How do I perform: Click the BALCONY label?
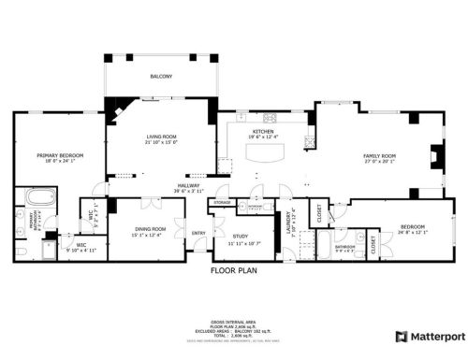tap(161, 77)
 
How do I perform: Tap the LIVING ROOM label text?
tap(161, 137)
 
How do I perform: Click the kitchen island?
tap(264, 162)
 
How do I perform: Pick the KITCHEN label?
tap(263, 132)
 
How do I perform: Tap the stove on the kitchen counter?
tap(271, 117)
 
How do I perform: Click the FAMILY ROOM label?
tap(379, 155)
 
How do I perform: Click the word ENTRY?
tap(198, 233)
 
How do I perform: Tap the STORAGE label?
tap(222, 202)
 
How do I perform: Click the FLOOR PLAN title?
tap(233, 271)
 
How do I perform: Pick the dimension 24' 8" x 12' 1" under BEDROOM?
tap(413, 232)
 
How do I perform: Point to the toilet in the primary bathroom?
tap(22, 249)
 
